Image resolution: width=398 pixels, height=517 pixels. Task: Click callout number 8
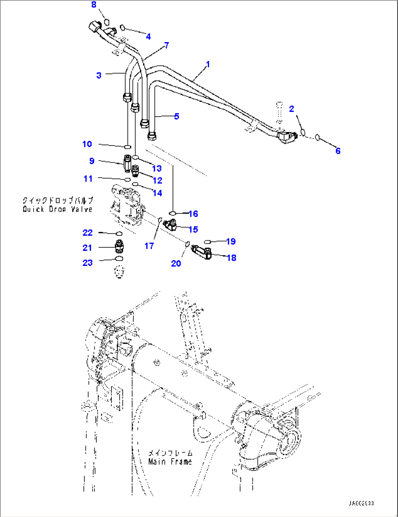click(x=94, y=5)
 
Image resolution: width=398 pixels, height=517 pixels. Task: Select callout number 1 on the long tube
click(x=208, y=64)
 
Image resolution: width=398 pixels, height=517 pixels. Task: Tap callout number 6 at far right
click(x=338, y=151)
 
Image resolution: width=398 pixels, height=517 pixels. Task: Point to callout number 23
click(x=88, y=263)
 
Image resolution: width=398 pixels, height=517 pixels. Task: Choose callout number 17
click(x=149, y=246)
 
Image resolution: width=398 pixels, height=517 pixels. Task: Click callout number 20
click(x=176, y=263)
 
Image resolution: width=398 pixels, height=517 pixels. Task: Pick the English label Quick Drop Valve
click(x=57, y=209)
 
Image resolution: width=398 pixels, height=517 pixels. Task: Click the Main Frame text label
click(x=170, y=461)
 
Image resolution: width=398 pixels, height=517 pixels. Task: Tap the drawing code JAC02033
click(x=361, y=503)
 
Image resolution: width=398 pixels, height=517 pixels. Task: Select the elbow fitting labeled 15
click(x=171, y=224)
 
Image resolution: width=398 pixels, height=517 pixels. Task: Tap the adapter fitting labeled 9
click(x=127, y=163)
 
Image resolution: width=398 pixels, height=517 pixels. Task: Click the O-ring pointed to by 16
click(x=173, y=213)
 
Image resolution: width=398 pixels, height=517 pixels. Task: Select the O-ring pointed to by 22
click(x=119, y=233)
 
